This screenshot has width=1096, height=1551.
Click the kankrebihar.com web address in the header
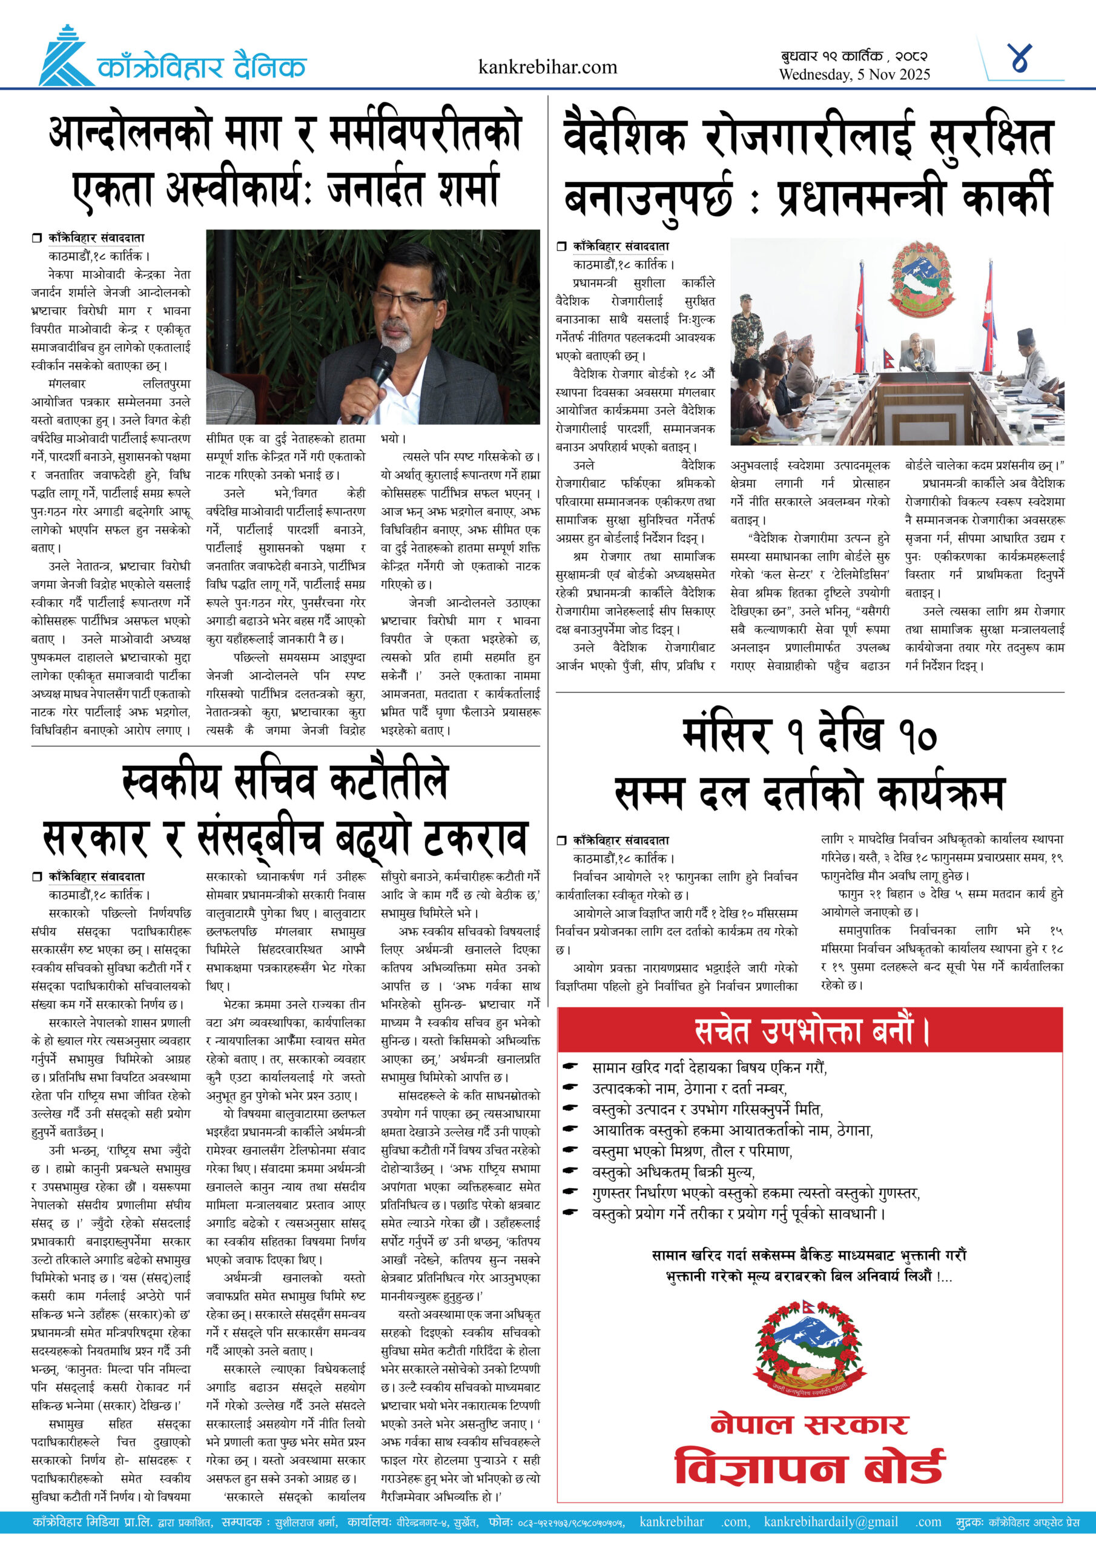point(547,67)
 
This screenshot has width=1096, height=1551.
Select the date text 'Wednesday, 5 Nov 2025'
point(854,75)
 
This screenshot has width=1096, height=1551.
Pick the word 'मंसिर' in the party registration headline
point(725,735)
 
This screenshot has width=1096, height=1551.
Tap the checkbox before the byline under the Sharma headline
point(36,237)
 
